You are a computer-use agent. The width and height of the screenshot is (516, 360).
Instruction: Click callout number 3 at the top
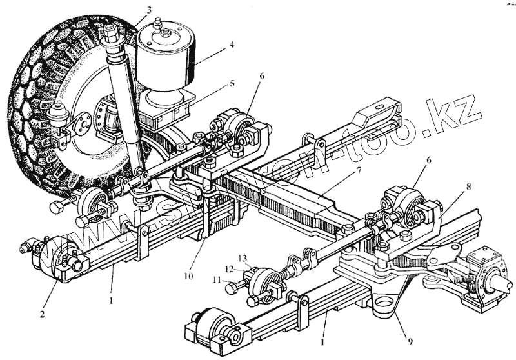click(149, 10)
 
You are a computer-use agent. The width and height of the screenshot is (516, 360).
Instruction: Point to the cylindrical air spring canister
click(166, 55)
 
